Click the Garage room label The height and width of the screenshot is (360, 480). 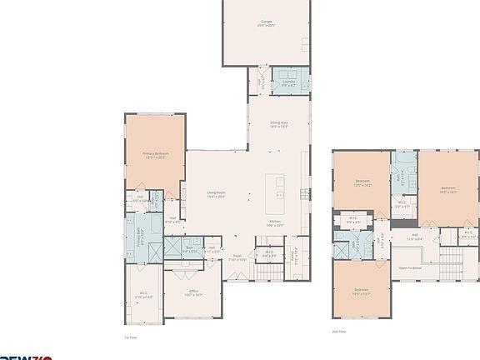(267, 24)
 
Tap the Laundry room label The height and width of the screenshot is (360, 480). (290, 82)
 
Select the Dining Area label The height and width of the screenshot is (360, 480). (278, 125)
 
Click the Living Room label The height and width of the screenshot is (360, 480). (217, 195)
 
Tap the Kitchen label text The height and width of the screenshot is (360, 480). (274, 222)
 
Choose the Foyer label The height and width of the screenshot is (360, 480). (237, 257)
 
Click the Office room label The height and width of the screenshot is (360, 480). (192, 292)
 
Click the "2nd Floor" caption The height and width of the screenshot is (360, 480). (337, 331)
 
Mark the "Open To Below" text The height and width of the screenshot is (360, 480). (409, 268)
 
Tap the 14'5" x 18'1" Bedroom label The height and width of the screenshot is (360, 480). (447, 190)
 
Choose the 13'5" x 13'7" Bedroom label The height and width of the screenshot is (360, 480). (361, 293)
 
